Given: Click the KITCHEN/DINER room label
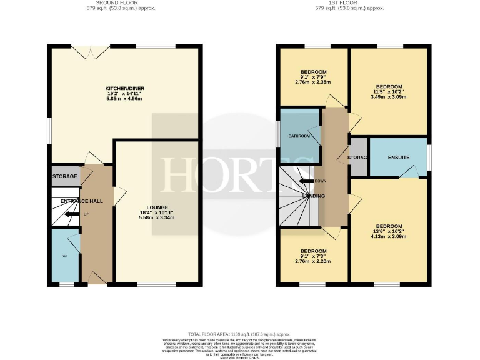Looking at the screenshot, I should pyautogui.click(x=126, y=89).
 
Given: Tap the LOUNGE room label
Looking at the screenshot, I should pyautogui.click(x=156, y=206).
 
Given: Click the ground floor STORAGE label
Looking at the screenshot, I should pyautogui.click(x=65, y=176).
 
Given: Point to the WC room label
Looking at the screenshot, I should pyautogui.click(x=64, y=256).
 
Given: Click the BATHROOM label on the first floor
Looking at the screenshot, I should pyautogui.click(x=299, y=136).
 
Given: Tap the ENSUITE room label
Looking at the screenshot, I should pyautogui.click(x=398, y=157).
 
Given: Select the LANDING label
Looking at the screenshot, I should pyautogui.click(x=313, y=196).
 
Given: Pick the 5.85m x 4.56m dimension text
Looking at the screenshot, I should pyautogui.click(x=126, y=99).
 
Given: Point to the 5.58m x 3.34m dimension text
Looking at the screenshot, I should pyautogui.click(x=156, y=218).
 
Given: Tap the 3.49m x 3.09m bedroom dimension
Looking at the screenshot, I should pyautogui.click(x=388, y=97).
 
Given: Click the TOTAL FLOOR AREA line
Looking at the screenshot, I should pyautogui.click(x=240, y=334).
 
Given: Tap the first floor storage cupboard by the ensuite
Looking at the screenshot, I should pyautogui.click(x=358, y=157).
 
